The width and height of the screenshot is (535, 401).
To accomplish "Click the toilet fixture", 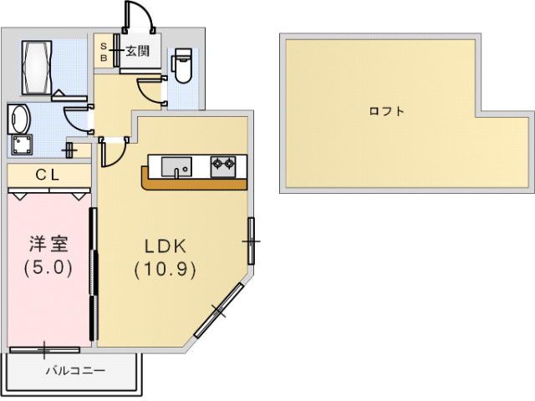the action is coord(183,65).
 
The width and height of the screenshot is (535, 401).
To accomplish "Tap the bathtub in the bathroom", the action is coord(37,68).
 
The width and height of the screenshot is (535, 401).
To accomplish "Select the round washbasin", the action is coord(19,119).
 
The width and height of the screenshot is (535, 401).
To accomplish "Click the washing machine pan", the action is coord(23,145).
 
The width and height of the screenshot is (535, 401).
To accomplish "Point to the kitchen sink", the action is coord(176,167).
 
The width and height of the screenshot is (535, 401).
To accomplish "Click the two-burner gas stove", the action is coord(223,167).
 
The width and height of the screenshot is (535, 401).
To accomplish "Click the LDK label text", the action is coord(166,246).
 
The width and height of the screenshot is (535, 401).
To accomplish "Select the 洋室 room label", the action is coord(48,244).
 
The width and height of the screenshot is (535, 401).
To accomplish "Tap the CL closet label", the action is coord(48,175).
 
